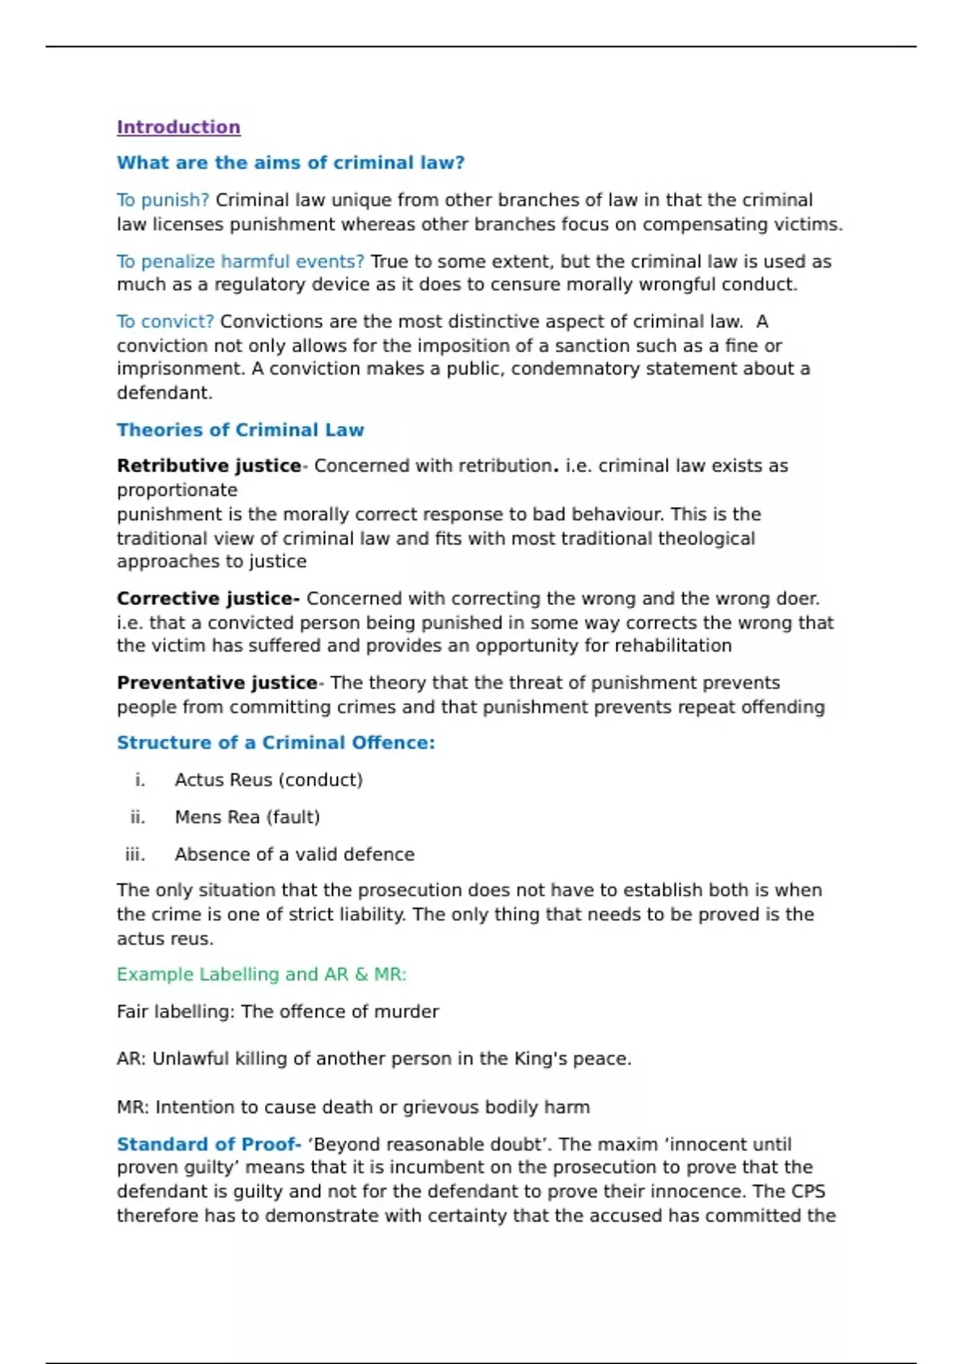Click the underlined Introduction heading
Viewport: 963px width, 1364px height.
pos(178,127)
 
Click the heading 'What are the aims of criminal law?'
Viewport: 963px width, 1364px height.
pos(291,163)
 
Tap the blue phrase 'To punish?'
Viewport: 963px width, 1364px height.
pos(163,200)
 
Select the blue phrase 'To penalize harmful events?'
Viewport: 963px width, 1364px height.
pos(240,262)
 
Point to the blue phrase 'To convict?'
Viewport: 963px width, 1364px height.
pos(165,322)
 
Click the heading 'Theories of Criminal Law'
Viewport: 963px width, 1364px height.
pos(240,430)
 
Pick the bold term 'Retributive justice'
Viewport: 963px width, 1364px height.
pos(209,466)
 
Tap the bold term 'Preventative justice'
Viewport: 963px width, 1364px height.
pos(217,683)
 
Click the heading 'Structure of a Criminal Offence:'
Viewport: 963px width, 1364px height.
pos(275,743)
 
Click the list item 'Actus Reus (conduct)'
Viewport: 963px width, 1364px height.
pos(269,780)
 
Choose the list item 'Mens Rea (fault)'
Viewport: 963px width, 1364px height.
pos(247,817)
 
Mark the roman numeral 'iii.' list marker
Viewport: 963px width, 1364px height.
pos(136,855)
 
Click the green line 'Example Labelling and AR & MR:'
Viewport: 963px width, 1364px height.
pos(262,974)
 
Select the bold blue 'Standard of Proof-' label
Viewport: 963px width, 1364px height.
pos(209,1144)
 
